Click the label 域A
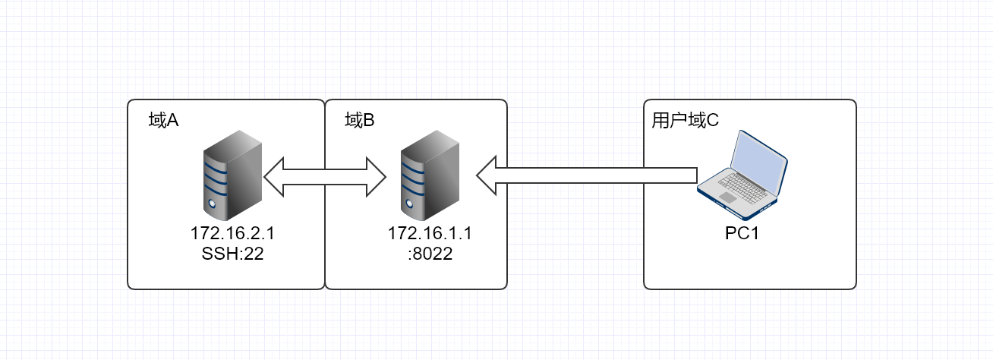tap(163, 121)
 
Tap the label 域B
tap(360, 121)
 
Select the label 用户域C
tap(685, 121)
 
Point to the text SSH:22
tap(232, 254)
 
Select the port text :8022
tap(430, 254)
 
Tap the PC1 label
tap(742, 235)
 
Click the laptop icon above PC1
tap(742, 171)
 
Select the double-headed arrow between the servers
tap(325, 176)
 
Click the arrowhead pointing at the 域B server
tap(487, 176)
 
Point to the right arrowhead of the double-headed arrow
tap(376, 176)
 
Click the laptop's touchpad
tap(727, 197)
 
